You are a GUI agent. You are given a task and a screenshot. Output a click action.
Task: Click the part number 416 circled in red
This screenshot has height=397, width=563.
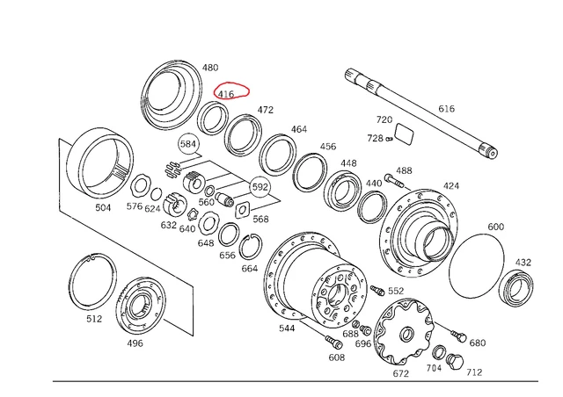226,94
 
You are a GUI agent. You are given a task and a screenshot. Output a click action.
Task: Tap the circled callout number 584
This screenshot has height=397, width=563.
187,144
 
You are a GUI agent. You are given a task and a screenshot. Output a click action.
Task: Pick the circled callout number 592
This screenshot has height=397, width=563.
260,187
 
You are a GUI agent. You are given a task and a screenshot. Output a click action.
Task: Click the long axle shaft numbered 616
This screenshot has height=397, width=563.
422,114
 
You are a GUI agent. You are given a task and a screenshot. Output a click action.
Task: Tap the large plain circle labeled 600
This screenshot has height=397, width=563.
476,268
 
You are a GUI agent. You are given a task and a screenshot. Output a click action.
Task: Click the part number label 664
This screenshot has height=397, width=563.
249,269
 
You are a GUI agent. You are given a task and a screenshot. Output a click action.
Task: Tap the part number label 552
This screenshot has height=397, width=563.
396,291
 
